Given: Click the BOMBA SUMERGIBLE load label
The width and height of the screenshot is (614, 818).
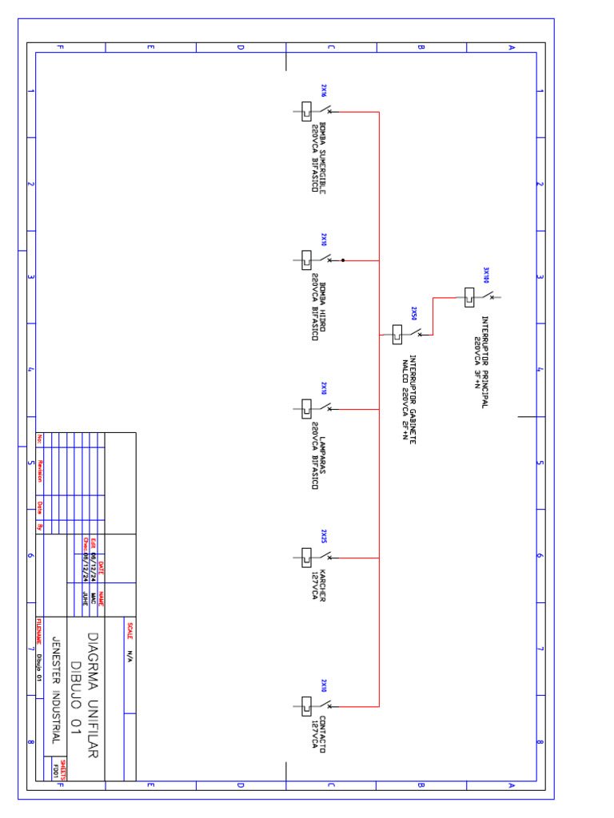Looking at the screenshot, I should (319, 157).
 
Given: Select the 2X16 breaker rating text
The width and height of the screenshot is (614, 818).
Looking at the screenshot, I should (324, 90).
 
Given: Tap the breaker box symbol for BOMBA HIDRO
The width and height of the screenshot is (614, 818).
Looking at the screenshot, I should (306, 260).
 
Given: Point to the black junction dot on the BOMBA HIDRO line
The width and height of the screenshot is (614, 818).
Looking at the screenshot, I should (343, 260).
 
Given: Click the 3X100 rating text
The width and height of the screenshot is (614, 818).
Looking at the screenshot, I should (484, 276).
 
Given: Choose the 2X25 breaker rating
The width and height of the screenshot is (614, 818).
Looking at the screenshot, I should (324, 536).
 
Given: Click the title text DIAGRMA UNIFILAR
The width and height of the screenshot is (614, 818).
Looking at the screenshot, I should (93, 695).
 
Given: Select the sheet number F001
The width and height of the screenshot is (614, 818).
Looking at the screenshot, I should (56, 770).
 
